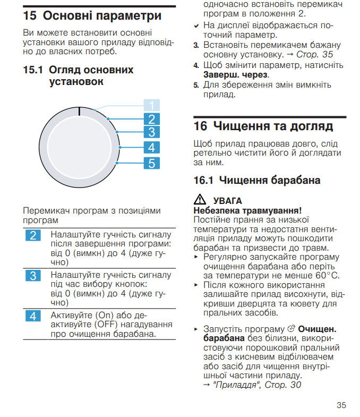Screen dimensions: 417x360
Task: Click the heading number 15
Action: [x=30, y=16]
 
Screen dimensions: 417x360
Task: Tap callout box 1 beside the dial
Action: [x=152, y=105]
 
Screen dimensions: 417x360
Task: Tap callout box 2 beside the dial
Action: [x=152, y=120]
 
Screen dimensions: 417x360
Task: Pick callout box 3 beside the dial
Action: [x=152, y=133]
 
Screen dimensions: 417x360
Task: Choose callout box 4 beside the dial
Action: [x=152, y=148]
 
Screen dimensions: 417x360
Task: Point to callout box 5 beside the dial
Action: [x=152, y=163]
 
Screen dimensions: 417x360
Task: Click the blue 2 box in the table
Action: [x=33, y=235]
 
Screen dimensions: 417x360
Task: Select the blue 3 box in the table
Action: [x=33, y=276]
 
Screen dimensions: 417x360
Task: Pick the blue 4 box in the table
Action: [x=33, y=316]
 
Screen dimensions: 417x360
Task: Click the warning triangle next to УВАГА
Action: [x=200, y=200]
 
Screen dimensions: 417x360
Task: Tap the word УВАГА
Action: [x=227, y=201]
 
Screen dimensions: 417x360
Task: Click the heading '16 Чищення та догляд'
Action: [x=263, y=126]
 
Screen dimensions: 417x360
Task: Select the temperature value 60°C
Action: [x=327, y=275]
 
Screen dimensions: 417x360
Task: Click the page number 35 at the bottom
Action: [x=341, y=405]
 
